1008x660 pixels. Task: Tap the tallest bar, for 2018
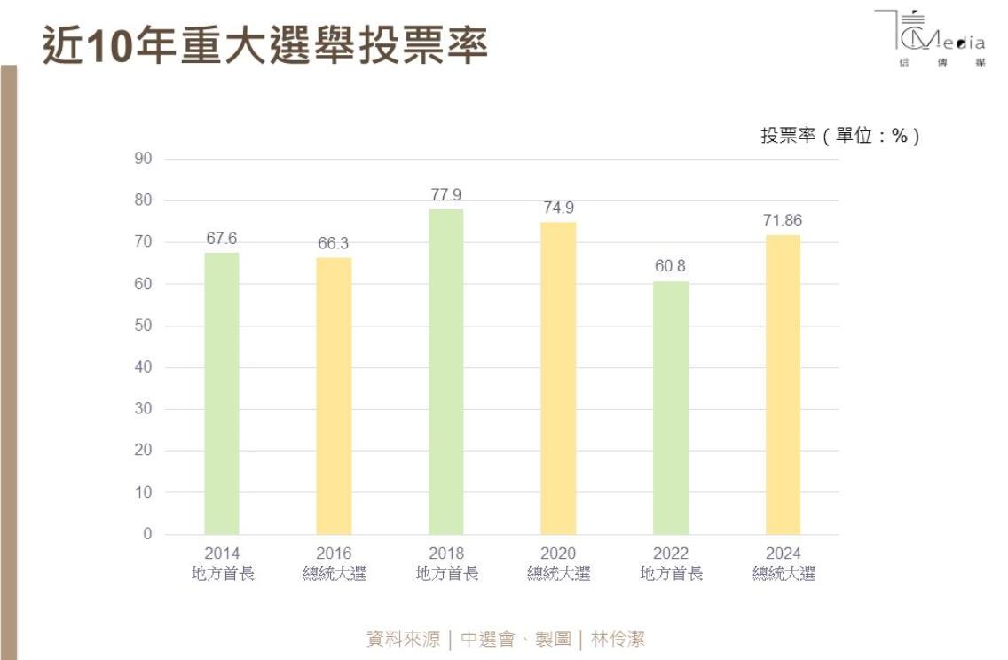(446, 372)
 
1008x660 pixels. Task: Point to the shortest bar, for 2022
(671, 407)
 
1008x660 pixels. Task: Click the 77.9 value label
(446, 195)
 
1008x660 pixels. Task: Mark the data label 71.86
(783, 221)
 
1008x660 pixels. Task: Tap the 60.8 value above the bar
(670, 266)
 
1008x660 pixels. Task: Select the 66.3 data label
(334, 243)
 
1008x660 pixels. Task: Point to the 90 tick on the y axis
(144, 159)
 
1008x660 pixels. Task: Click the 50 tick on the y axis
(144, 326)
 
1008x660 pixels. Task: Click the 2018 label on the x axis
(446, 554)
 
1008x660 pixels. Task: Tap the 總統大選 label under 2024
(784, 574)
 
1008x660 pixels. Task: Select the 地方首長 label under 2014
(223, 574)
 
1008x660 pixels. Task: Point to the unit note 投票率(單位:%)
(839, 136)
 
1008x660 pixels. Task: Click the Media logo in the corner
(930, 40)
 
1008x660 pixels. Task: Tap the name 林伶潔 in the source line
(618, 639)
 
